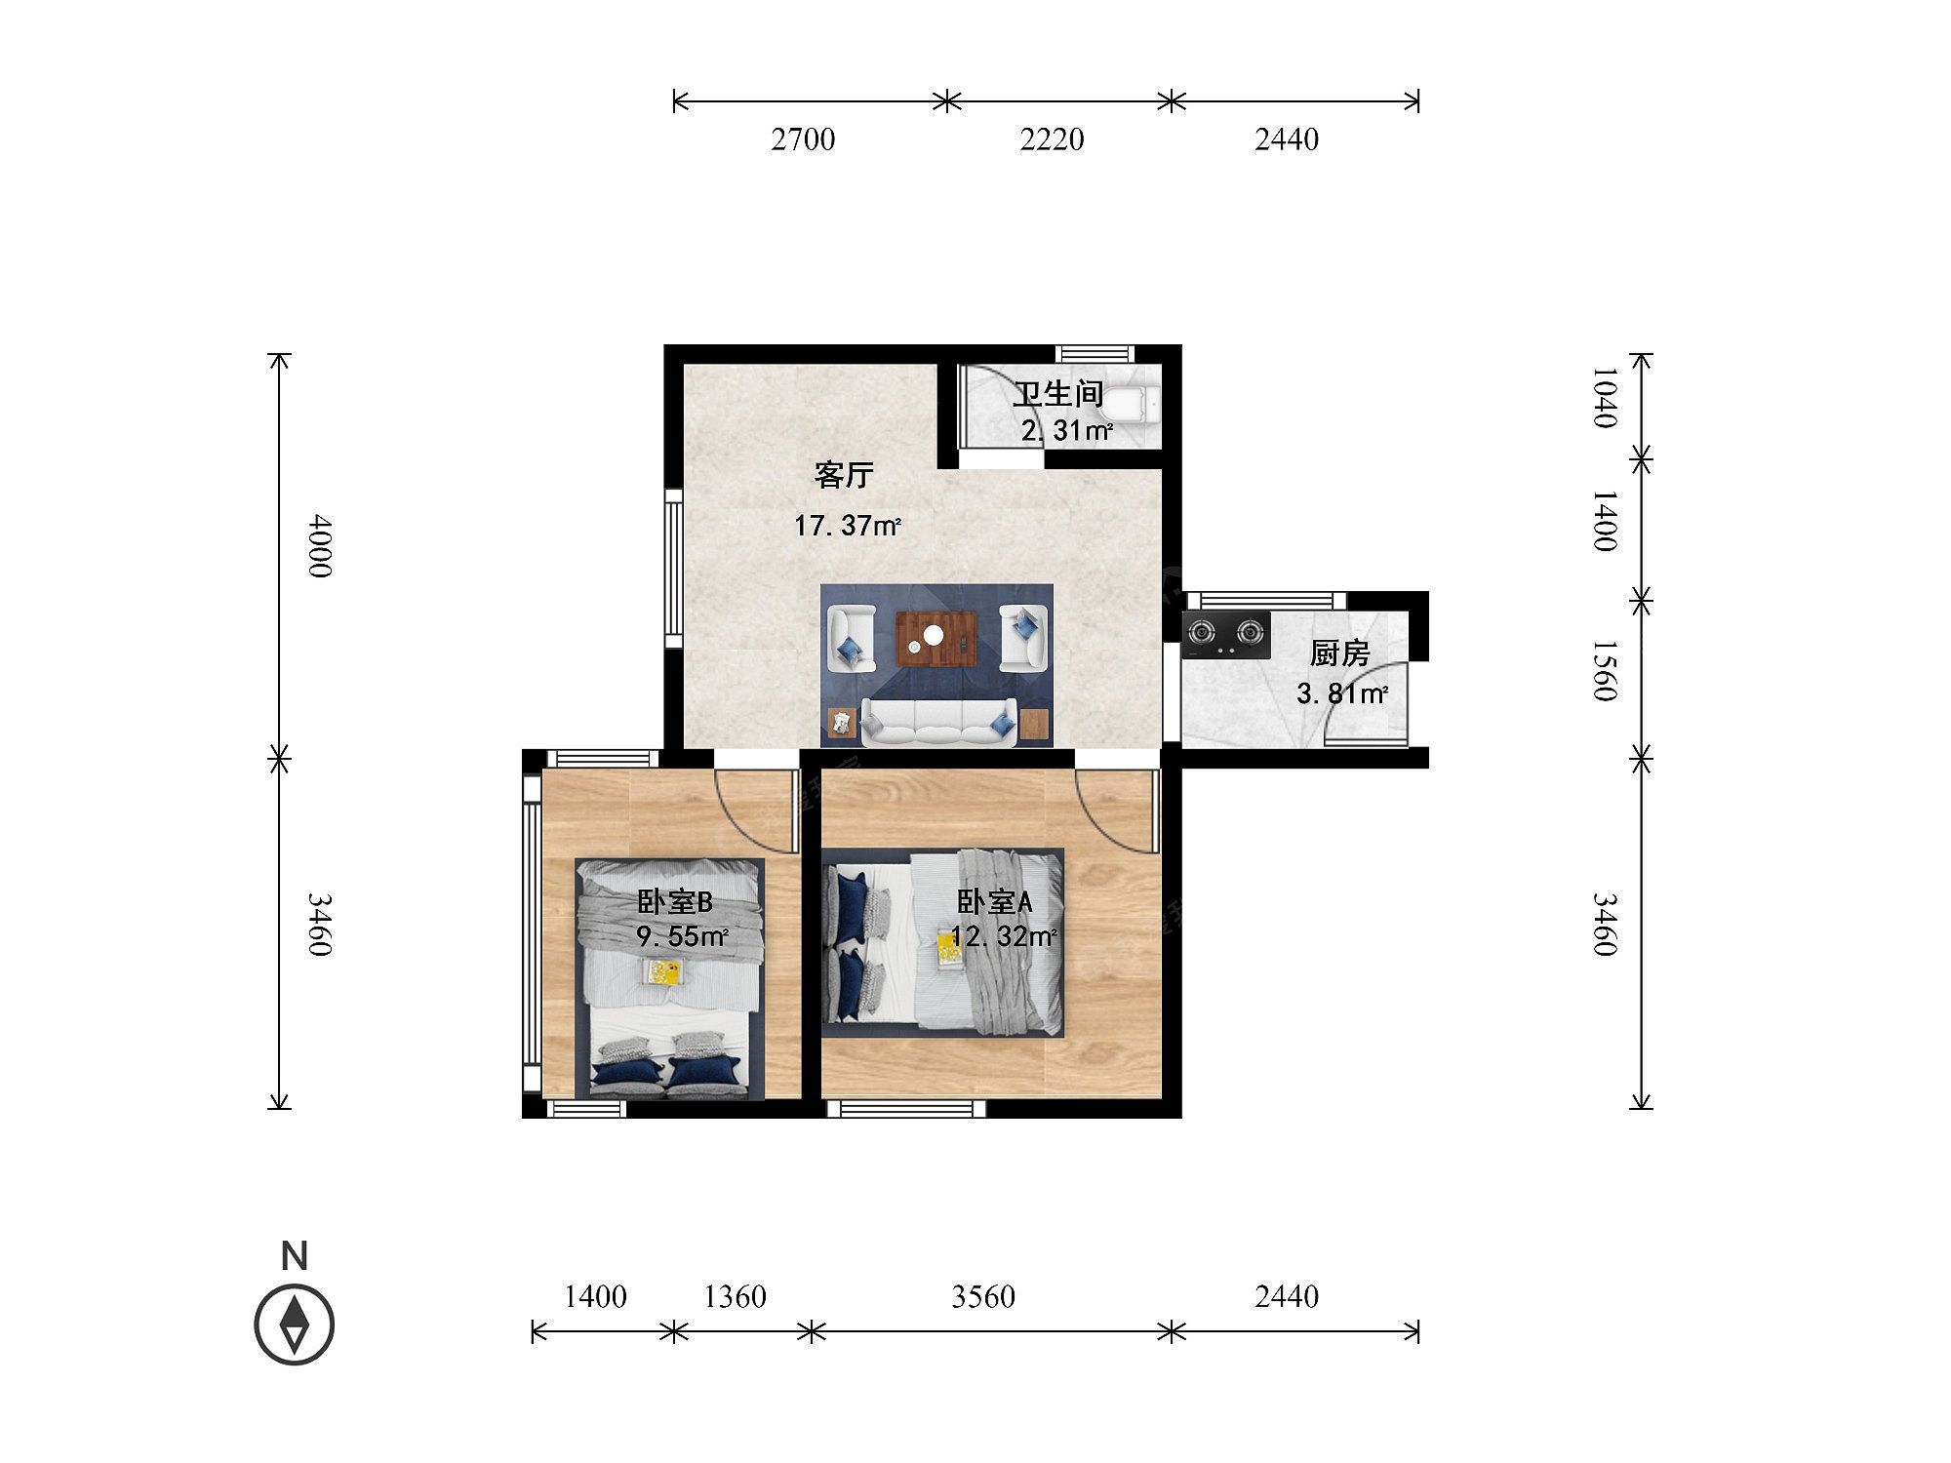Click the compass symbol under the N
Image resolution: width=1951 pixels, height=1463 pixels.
pos(295,1325)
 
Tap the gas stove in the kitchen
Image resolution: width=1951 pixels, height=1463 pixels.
pos(1226,635)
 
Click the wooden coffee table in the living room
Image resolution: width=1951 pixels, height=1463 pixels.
pos(936,639)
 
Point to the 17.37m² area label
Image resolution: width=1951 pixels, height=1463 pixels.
pos(847,527)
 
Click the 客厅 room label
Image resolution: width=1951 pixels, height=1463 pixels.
pos(844,476)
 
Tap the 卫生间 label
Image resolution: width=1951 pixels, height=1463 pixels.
pos(1057,395)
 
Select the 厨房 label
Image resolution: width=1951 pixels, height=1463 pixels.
pos(1339,653)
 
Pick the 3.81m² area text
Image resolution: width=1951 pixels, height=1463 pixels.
pos(1341,694)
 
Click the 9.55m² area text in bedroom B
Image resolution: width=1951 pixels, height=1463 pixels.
pos(682,937)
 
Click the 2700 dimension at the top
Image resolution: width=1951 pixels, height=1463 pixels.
pos(803,139)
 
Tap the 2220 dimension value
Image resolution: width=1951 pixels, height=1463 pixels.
pos(1052,139)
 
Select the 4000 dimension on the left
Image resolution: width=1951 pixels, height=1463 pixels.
pos(320,546)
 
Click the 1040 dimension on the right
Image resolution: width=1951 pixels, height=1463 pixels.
pos(1605,397)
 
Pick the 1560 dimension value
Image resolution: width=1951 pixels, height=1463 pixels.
pos(1605,671)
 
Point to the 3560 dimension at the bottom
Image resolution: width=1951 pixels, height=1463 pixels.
pos(983,1297)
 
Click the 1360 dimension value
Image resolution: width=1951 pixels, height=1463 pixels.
pos(735,1297)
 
